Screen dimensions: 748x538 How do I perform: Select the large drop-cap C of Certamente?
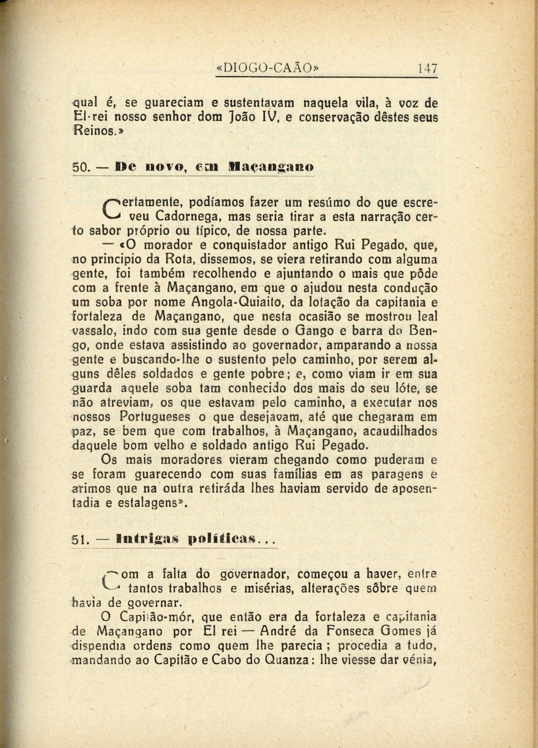(111, 210)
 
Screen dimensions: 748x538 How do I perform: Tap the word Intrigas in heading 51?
(140, 539)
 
